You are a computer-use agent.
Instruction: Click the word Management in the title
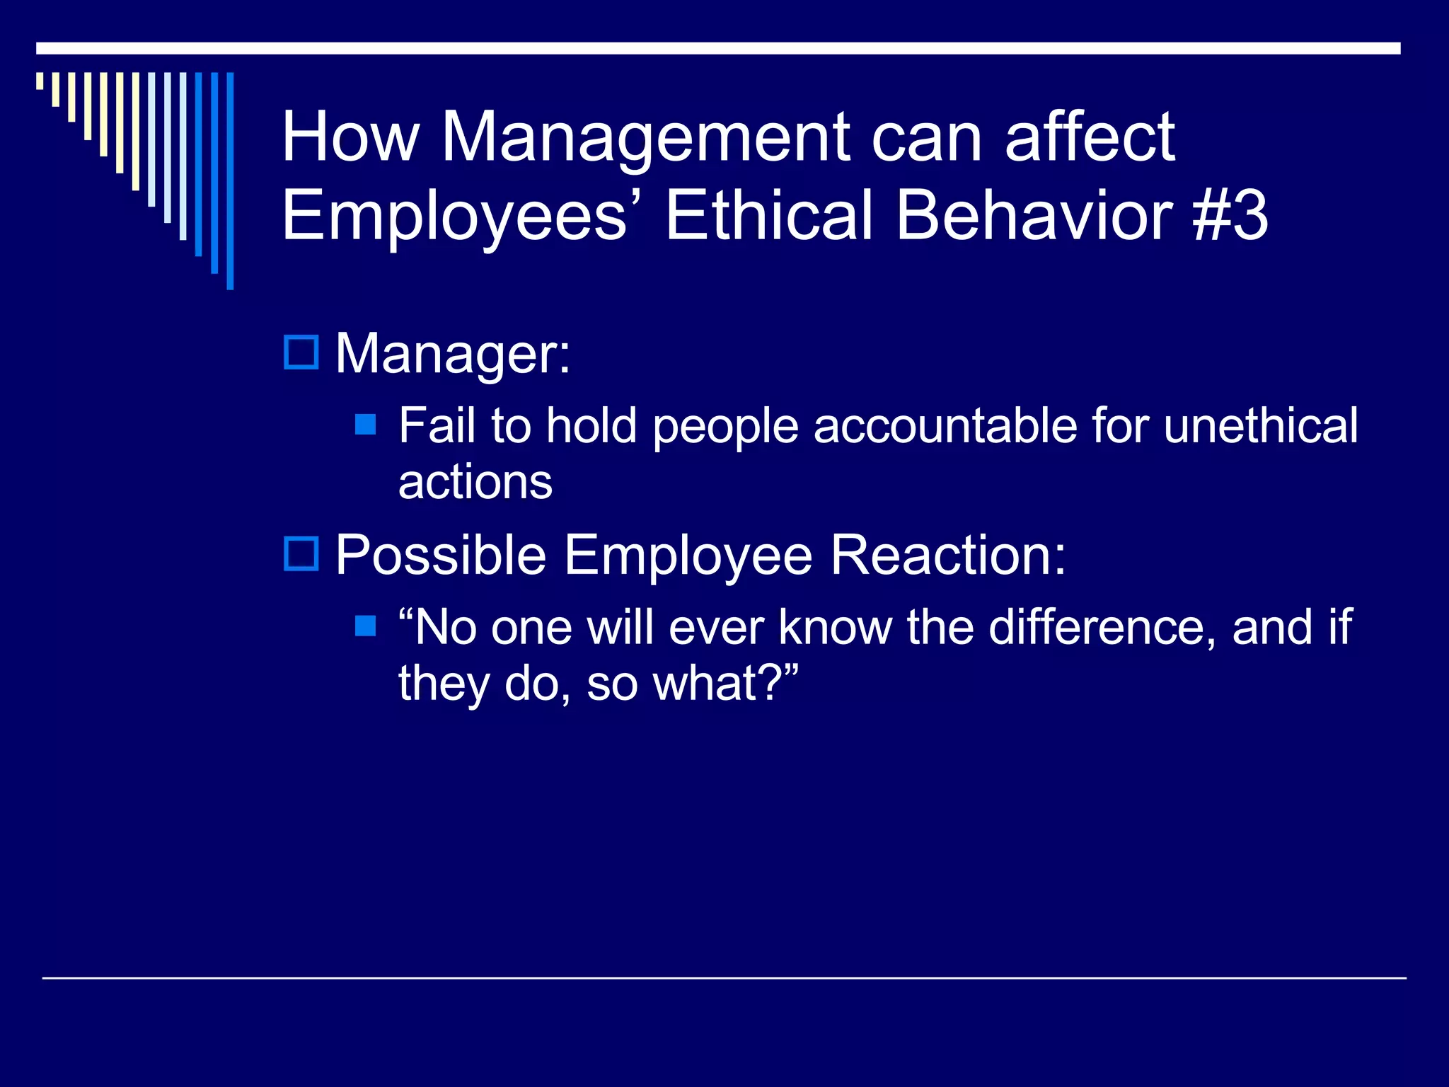point(646,138)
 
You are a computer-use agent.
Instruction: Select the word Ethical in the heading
point(768,216)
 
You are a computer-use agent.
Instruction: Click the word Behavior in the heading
point(1034,216)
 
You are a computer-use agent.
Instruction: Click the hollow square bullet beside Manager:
point(301,352)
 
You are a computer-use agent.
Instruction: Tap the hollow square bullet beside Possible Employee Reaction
point(301,553)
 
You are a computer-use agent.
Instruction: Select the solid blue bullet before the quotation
point(365,626)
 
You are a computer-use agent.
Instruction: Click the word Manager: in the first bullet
point(453,353)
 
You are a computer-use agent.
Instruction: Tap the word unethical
point(1260,426)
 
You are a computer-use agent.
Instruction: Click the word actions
point(475,483)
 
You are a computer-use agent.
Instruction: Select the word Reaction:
point(948,555)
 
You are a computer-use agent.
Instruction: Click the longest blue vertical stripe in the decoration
point(230,180)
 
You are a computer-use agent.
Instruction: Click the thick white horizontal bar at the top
point(718,48)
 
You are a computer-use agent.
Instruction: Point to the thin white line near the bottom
point(724,978)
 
